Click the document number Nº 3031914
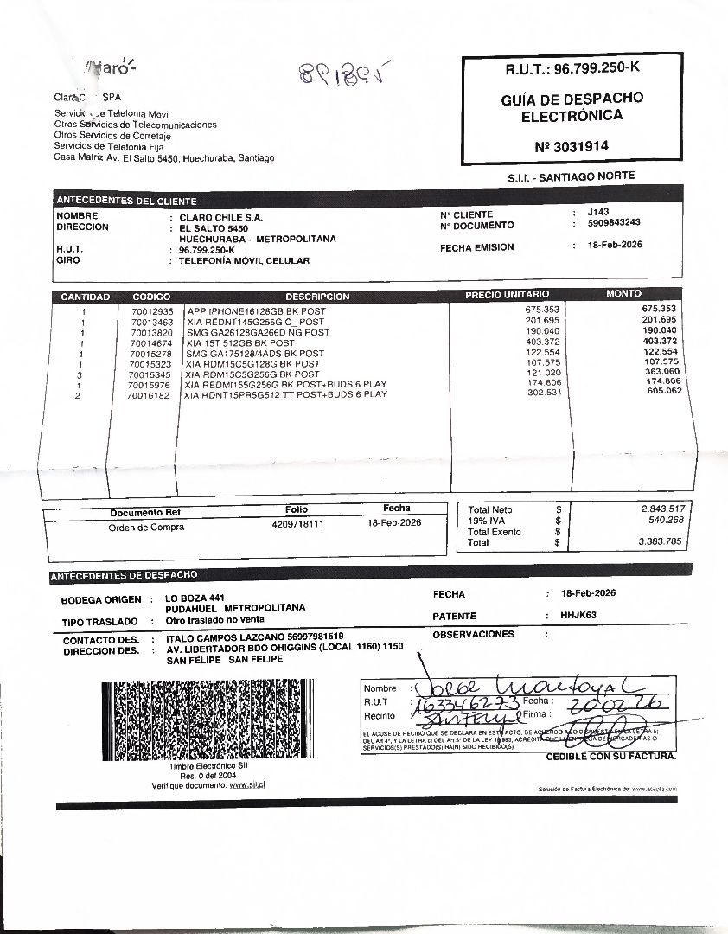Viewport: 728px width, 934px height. click(x=572, y=146)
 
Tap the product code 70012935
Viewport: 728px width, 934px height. click(x=153, y=310)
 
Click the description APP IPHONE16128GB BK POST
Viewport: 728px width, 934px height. click(x=257, y=310)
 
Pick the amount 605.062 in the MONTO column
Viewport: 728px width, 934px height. click(x=664, y=391)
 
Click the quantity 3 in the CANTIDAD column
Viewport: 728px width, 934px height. click(x=80, y=374)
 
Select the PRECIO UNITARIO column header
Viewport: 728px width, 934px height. click(x=507, y=294)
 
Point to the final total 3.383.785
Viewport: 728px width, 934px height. click(x=661, y=541)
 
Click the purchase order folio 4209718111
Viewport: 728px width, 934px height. click(x=297, y=524)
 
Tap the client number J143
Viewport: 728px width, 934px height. click(x=597, y=212)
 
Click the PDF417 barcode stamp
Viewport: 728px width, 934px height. click(x=204, y=720)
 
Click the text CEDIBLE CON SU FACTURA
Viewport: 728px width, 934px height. click(x=610, y=757)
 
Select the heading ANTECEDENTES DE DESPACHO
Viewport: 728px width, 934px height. click(x=125, y=575)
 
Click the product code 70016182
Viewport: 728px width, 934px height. click(x=150, y=395)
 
